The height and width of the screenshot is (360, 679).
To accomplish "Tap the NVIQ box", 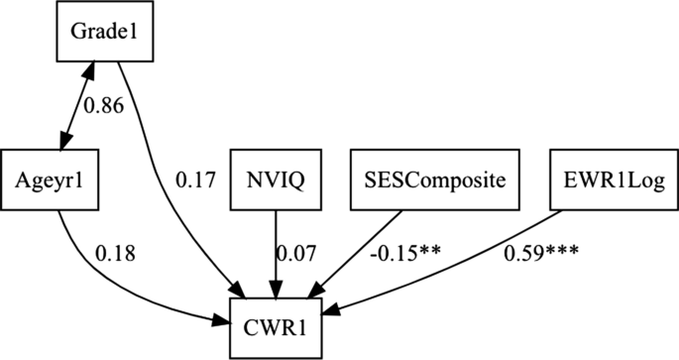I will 276,180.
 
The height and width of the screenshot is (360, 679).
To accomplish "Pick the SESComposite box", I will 428,180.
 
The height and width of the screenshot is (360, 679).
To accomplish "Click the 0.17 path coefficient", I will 194,181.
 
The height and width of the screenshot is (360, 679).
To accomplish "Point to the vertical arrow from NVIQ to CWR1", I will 276,248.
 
